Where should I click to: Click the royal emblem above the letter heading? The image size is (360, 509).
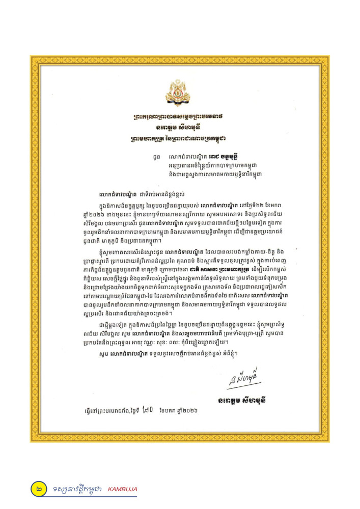point(180,92)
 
